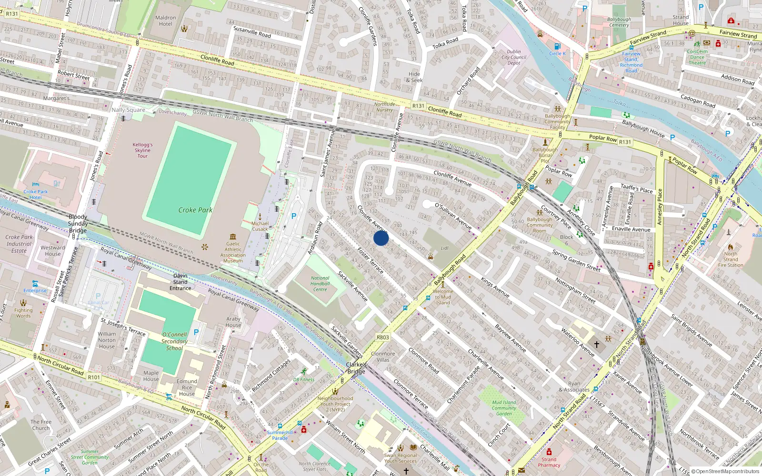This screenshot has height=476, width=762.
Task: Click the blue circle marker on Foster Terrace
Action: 381,238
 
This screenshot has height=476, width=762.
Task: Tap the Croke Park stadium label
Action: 195,210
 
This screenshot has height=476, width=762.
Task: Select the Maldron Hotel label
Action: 165,21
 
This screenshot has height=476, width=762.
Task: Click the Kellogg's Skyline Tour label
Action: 142,150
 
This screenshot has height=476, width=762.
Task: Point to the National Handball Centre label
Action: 320,284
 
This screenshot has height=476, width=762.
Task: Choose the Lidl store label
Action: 445,248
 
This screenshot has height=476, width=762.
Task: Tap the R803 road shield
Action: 383,337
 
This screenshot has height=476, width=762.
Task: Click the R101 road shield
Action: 94,377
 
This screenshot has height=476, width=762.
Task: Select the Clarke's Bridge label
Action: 356,368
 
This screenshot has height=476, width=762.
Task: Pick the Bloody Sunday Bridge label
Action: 78,223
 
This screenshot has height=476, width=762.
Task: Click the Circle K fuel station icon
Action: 557,46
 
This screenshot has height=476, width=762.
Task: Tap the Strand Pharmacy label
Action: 549,462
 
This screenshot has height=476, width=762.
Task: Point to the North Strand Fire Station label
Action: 731,259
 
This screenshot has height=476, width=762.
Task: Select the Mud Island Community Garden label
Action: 504,408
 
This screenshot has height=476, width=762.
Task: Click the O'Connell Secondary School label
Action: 174,341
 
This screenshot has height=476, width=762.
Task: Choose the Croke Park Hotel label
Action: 36,194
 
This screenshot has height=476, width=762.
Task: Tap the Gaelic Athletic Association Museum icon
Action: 233,237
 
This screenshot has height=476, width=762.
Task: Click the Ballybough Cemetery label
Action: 619,22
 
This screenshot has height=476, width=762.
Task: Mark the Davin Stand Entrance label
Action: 180,282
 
